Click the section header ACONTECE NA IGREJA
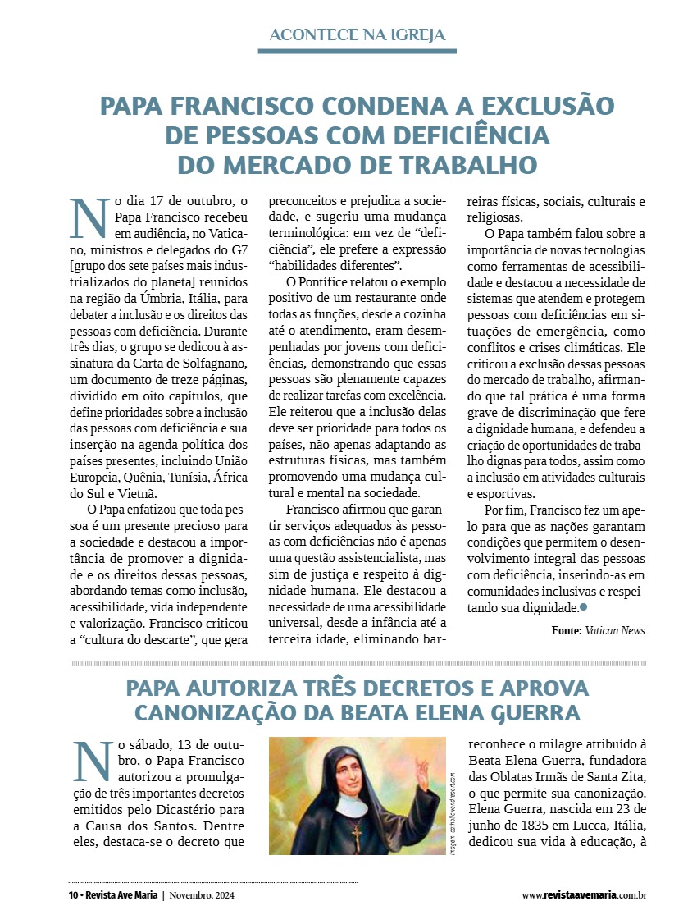tap(357, 34)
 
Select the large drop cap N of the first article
tap(88, 217)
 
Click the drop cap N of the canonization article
tap(88, 761)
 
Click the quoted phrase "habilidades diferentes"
tap(335, 266)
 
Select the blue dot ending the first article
tap(584, 607)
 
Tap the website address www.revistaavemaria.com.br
tap(584, 895)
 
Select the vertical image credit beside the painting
tap(452, 812)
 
